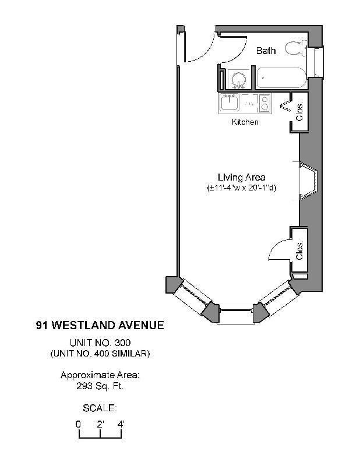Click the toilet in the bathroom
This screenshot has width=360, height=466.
[296, 49]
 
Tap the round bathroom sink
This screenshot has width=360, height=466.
[238, 79]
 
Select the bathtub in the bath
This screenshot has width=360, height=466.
[280, 78]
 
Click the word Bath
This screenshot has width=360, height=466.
[266, 51]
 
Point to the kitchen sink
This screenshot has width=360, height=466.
[230, 103]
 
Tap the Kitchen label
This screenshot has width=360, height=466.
[245, 122]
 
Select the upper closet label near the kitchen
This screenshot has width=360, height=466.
[300, 111]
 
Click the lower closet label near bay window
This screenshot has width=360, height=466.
[300, 250]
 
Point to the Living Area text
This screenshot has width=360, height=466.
[242, 177]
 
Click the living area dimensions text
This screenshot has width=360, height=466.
[242, 188]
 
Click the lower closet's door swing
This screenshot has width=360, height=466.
[277, 250]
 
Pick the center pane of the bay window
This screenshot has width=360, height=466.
[236, 316]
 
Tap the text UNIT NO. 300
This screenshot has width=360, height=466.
[100, 343]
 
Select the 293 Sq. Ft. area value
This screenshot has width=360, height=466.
[100, 385]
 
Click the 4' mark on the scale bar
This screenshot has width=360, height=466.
[121, 424]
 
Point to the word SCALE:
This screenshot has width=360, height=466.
[100, 408]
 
